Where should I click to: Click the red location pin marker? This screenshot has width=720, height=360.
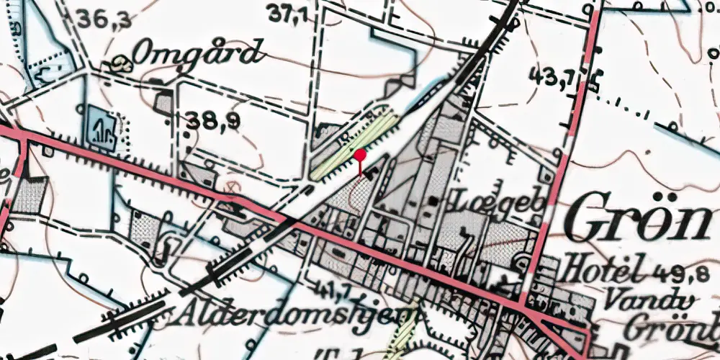pyautogui.click(x=360, y=156)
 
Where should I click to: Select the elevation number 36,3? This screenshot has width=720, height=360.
pyautogui.click(x=106, y=19)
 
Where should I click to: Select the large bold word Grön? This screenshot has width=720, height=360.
pyautogui.click(x=641, y=220)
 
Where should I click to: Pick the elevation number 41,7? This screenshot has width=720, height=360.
pyautogui.click(x=325, y=292)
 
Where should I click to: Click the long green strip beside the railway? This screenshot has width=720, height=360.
pyautogui.click(x=355, y=143)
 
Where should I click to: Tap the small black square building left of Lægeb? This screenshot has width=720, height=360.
pyautogui.click(x=432, y=201)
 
